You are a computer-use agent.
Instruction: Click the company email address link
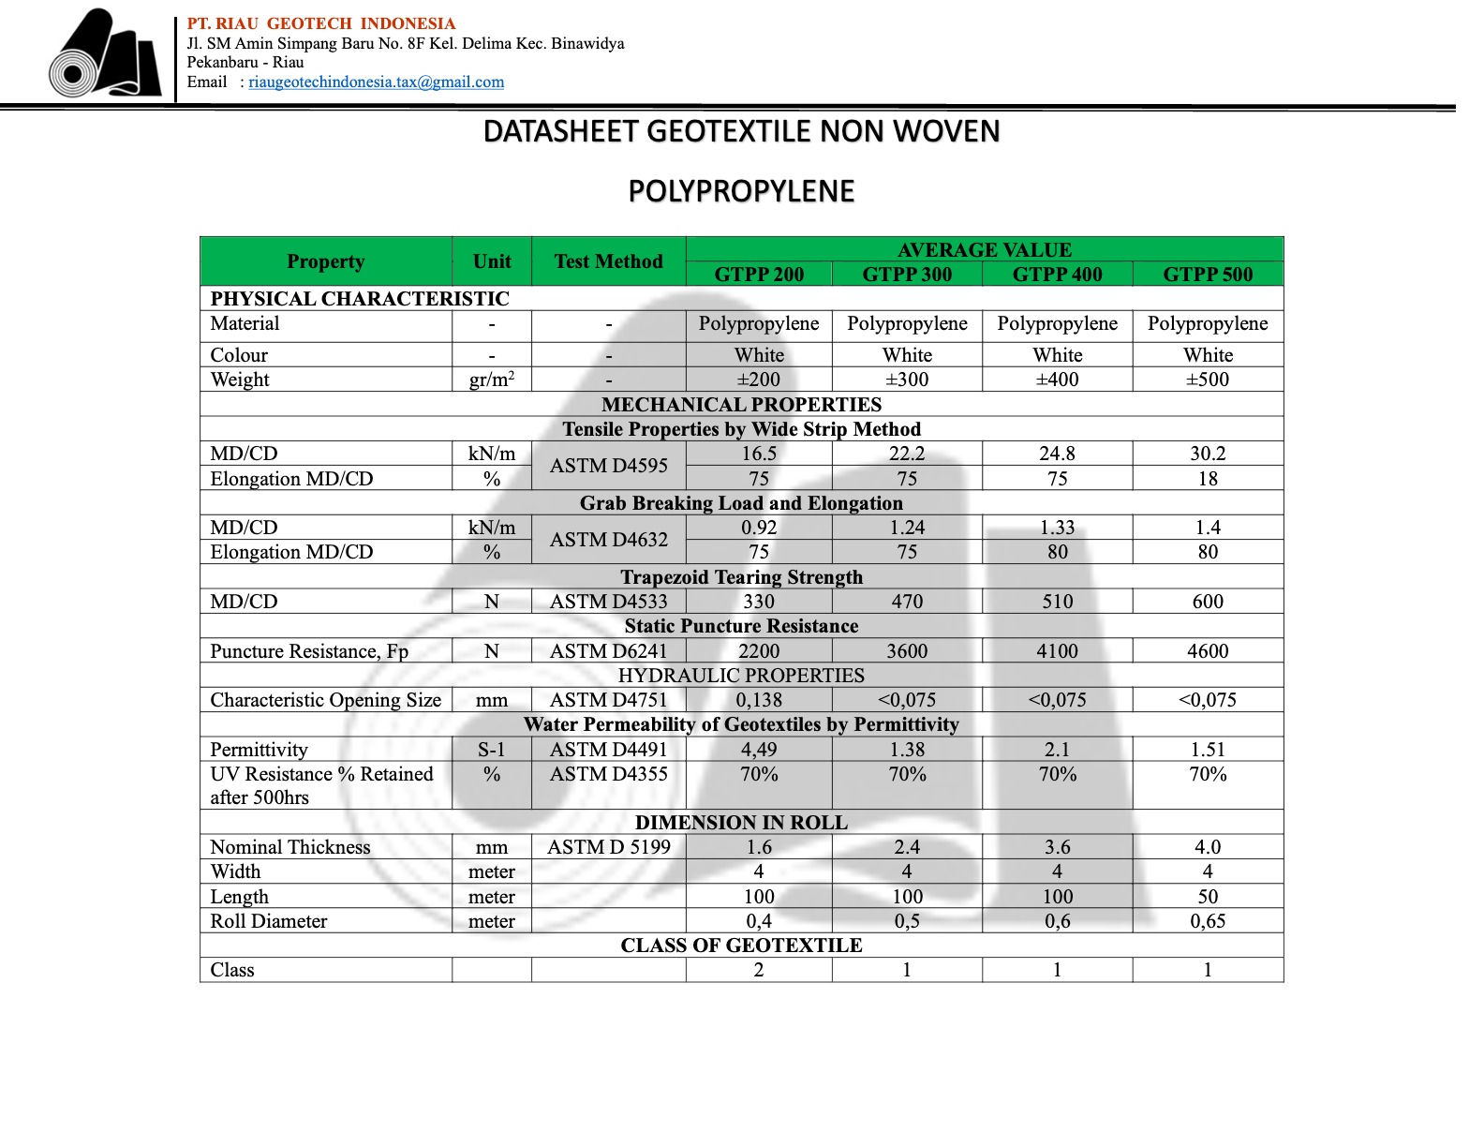coord(376,82)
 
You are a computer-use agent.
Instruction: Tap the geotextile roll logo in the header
coord(105,54)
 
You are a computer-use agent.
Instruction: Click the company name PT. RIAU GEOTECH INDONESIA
coord(321,23)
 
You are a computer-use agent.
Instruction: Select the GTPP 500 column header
coord(1208,275)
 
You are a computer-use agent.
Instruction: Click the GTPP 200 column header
coord(759,275)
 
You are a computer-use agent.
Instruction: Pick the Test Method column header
coord(608,261)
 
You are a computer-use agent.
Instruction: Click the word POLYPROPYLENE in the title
coord(741,191)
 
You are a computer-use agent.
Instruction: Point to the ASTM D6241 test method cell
coord(608,651)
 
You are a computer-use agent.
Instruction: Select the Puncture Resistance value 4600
coord(1208,651)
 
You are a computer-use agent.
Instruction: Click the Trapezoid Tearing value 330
coord(759,602)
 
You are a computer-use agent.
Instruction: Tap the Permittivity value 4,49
coord(759,750)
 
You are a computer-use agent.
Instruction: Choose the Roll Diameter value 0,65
coord(1208,921)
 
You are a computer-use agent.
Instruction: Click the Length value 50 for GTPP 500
coord(1208,897)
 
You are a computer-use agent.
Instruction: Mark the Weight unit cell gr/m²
coord(492,380)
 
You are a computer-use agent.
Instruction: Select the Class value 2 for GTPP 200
coord(759,970)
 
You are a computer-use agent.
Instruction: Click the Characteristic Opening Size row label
coord(325,700)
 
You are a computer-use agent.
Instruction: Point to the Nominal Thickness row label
coord(290,847)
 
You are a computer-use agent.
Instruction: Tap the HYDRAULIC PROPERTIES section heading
coord(741,676)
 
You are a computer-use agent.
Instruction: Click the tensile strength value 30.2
coord(1208,454)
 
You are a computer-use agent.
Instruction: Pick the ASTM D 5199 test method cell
coord(608,847)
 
